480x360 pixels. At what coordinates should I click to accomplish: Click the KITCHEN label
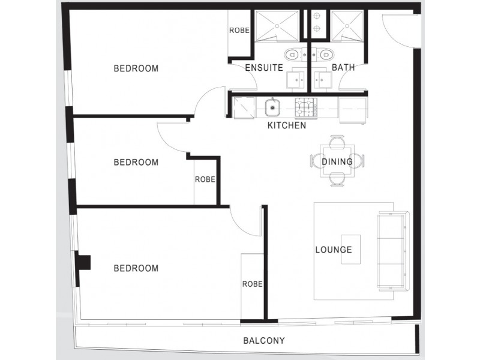click(x=286, y=126)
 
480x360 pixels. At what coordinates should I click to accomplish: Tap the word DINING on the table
click(x=337, y=161)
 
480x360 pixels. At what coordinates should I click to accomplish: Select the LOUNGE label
click(x=334, y=250)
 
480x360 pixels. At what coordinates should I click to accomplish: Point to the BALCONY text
click(x=263, y=341)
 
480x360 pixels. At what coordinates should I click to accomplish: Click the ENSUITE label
click(x=264, y=68)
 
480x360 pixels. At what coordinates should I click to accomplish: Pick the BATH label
click(x=343, y=68)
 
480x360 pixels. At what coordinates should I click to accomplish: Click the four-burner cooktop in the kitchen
click(x=305, y=108)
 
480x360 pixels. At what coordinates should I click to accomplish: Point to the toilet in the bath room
click(x=324, y=55)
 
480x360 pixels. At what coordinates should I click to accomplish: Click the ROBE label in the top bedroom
click(x=239, y=30)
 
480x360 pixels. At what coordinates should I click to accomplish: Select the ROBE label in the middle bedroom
click(x=205, y=179)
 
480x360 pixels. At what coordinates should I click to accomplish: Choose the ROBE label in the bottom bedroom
click(x=252, y=284)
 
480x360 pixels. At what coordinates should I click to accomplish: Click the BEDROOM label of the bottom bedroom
click(x=136, y=268)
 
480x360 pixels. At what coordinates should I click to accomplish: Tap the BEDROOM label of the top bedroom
click(x=136, y=68)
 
